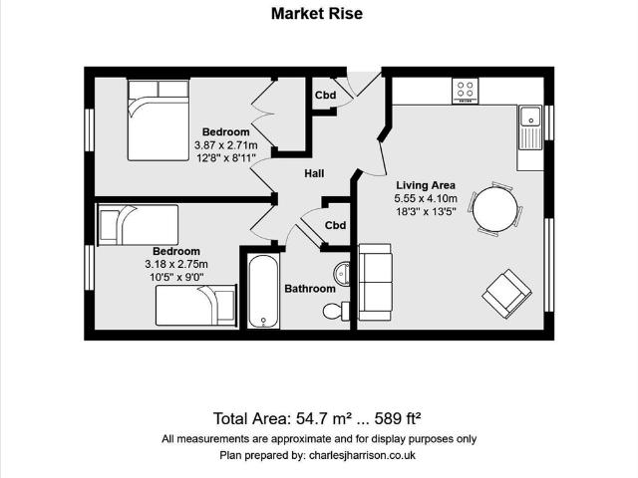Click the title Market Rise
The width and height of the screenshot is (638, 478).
(x=317, y=13)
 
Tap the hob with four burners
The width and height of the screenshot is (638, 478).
(x=466, y=92)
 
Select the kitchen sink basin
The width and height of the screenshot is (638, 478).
(x=530, y=117)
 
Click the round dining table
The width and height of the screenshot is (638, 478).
(x=495, y=209)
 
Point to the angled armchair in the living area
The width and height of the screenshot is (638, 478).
(x=507, y=293)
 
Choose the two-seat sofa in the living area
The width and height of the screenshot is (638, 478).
(x=375, y=282)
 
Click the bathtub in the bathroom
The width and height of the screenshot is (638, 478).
(x=263, y=291)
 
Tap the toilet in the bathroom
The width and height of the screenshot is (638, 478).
(x=336, y=311)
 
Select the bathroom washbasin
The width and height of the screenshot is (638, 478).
(x=342, y=273)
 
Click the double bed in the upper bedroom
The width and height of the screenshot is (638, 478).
(x=159, y=119)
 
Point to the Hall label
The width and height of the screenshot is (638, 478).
(x=314, y=173)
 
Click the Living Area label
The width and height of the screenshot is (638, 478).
(x=426, y=185)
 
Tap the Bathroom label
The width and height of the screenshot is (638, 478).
(x=310, y=289)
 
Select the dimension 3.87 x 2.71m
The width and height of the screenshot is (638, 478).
(x=226, y=145)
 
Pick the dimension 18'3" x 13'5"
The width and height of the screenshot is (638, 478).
(x=426, y=211)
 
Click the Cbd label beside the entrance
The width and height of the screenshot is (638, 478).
(x=326, y=96)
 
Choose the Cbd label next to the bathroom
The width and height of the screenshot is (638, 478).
(x=335, y=225)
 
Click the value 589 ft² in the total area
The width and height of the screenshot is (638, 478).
(x=398, y=418)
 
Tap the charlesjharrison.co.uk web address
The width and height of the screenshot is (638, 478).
(x=362, y=455)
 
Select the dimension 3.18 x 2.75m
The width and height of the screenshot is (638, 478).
(x=176, y=264)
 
